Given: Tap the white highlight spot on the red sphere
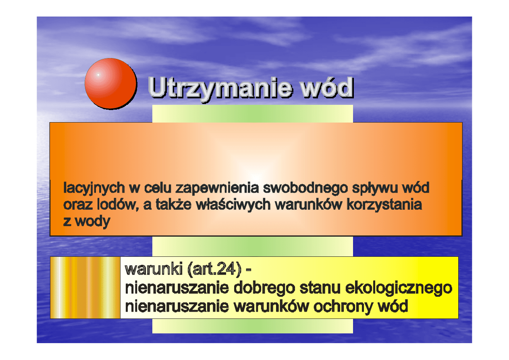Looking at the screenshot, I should click(98, 74).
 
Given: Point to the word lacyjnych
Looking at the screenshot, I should click(94, 188).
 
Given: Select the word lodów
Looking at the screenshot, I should click(116, 205).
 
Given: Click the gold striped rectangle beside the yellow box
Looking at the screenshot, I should click(85, 287).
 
